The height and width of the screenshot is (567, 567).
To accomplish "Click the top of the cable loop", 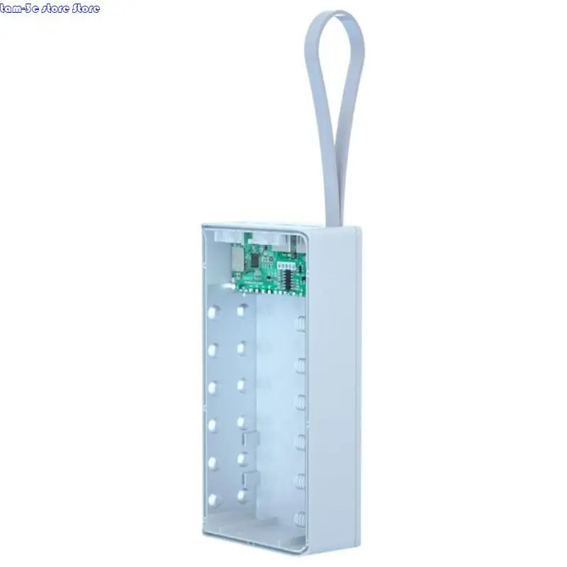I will (x=335, y=18).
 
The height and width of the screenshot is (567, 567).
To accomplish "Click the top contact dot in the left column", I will (x=212, y=311).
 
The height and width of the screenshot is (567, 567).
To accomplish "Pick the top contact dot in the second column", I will (x=242, y=310).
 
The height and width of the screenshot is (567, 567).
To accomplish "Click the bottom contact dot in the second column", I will (x=242, y=492).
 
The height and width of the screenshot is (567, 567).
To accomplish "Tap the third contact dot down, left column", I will (x=211, y=386).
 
